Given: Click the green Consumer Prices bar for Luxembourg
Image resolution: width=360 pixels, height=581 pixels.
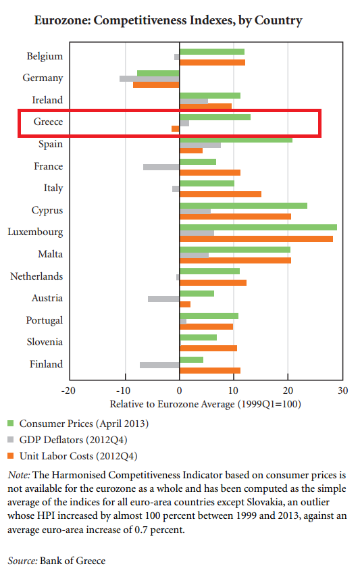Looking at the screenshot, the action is tap(258, 227).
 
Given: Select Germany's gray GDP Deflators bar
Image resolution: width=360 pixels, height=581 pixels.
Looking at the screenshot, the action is tap(149, 78).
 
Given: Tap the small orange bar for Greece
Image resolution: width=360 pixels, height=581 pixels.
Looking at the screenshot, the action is tap(176, 128).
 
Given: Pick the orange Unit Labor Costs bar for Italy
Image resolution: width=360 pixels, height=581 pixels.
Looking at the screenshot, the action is tap(220, 194).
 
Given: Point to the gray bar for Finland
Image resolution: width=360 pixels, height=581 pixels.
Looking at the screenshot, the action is tap(159, 365).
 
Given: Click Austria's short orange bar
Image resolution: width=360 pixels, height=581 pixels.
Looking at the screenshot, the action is tap(185, 304).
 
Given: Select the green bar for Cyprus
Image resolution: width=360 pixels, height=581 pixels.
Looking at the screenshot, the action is tap(243, 205).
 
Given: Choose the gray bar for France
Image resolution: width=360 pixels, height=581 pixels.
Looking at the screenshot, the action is tap(161, 167).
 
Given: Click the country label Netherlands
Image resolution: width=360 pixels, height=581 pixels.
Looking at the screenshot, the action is tap(36, 276).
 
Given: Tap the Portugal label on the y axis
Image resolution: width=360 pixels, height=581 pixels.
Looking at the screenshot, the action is tap(45, 320).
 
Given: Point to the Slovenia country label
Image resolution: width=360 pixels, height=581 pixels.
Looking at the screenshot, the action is tap(45, 342).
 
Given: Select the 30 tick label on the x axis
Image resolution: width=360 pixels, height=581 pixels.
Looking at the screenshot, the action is tap(343, 390).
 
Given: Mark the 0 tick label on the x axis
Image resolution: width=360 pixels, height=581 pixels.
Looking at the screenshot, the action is tap(179, 390).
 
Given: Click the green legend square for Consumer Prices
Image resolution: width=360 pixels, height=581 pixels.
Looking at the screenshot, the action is tap(10, 423).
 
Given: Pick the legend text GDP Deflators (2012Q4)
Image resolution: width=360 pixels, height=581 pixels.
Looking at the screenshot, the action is tap(74, 440).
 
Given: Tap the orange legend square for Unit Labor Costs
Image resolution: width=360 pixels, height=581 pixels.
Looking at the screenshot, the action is tap(10, 455).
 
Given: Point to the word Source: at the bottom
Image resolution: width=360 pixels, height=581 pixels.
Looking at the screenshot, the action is tap(22, 561).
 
